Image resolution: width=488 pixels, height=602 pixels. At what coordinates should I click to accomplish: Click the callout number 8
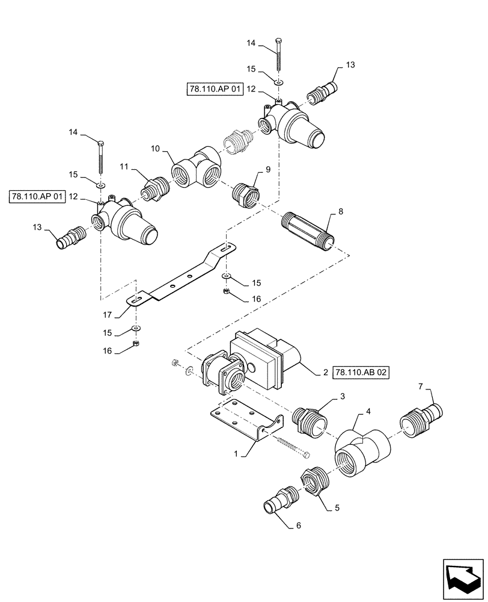(341, 212)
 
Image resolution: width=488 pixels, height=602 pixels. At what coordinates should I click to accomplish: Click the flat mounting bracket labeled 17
(180, 278)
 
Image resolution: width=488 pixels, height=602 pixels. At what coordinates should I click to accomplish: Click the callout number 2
(325, 373)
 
